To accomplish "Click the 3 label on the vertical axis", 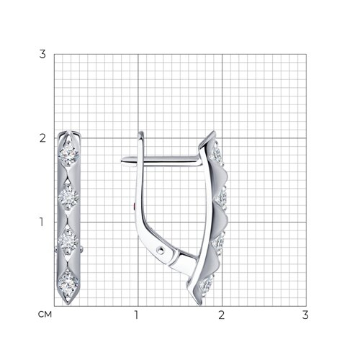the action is (x=42, y=54).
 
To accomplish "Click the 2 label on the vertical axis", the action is (x=42, y=138).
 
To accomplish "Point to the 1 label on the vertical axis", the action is (x=42, y=222).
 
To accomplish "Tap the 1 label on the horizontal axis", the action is (x=137, y=315).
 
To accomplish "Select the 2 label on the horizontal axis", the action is (x=221, y=315).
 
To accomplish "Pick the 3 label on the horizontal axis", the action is (x=305, y=315).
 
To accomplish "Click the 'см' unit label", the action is (x=45, y=314).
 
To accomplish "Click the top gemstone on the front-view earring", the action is (x=68, y=153).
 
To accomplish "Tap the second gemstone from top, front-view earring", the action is (x=68, y=197).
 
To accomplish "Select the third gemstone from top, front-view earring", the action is (x=68, y=240).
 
